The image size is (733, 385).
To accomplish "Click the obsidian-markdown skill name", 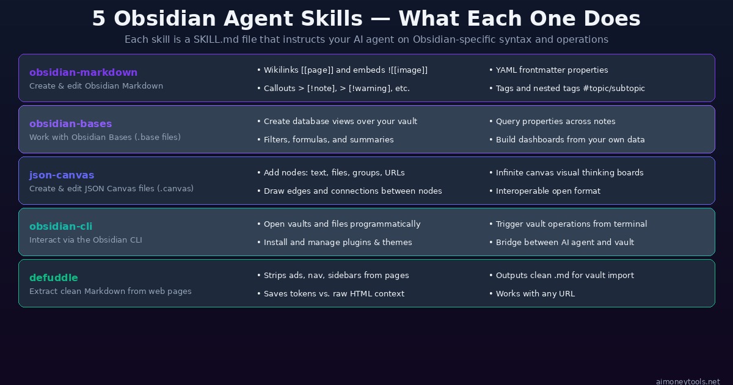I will (x=83, y=73).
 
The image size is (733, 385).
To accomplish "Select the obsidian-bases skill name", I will (x=70, y=124).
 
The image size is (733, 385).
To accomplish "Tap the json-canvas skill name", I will (x=62, y=175).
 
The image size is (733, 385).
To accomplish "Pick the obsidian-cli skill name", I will (x=60, y=227).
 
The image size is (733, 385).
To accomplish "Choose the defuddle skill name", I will (x=54, y=278).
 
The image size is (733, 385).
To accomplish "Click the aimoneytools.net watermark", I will (x=688, y=381).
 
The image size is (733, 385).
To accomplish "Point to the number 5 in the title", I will (x=98, y=19).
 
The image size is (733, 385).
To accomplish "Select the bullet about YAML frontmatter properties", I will (x=552, y=70).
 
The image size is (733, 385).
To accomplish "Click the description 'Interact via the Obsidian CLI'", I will (x=86, y=240).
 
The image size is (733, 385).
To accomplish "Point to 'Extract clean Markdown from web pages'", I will (x=110, y=291).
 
